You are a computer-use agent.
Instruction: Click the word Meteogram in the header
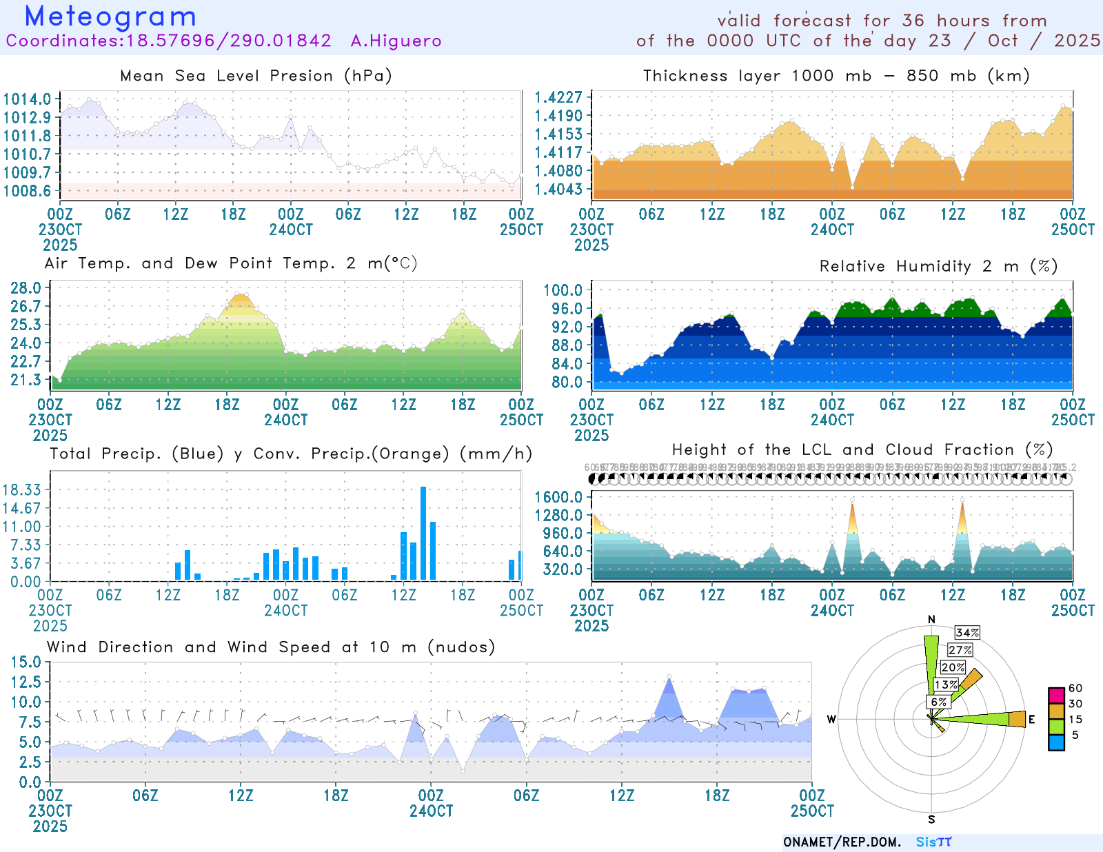[x=110, y=17]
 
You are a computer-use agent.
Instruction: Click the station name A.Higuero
[x=396, y=41]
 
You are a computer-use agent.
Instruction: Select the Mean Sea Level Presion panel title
[x=256, y=76]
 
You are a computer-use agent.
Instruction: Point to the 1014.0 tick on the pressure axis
[x=28, y=99]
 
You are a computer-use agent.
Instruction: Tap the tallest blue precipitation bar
[x=423, y=532]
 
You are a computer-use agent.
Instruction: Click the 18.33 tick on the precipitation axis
[x=22, y=490]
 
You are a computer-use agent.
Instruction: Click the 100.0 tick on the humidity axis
[x=563, y=290]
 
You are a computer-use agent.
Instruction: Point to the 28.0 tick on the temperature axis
[x=26, y=288]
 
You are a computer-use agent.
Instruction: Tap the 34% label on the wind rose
[x=967, y=633]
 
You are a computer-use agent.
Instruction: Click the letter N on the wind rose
[x=932, y=620]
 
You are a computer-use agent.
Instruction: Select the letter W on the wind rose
[x=831, y=720]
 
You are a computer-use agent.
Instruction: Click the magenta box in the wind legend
[x=1056, y=695]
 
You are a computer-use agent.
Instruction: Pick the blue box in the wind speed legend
[x=1056, y=742]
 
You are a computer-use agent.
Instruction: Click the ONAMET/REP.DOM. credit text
[x=842, y=842]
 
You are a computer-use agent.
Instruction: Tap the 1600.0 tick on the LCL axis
[x=559, y=498]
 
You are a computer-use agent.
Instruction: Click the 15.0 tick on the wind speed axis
[x=26, y=662]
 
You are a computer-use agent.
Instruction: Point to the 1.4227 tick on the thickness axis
[x=559, y=98]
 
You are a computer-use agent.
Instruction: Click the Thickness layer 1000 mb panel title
[x=836, y=76]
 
